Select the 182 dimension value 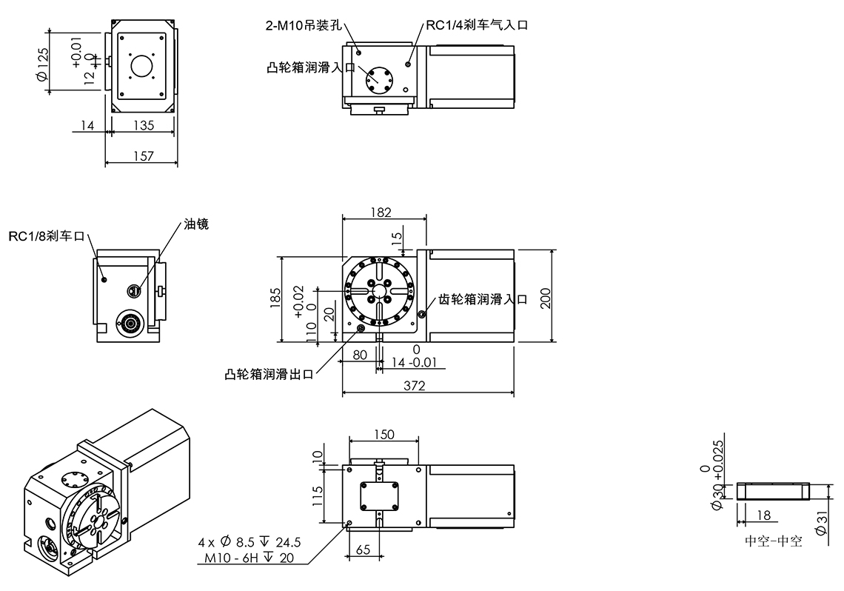[x=381, y=212]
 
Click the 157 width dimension [x=144, y=156]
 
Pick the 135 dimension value [x=144, y=125]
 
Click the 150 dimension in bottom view [x=384, y=434]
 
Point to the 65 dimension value [x=364, y=549]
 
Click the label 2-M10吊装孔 [x=303, y=24]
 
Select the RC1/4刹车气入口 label [x=476, y=24]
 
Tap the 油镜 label [x=196, y=224]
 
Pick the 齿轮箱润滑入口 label [x=483, y=299]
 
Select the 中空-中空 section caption [x=773, y=541]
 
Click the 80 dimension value [x=361, y=354]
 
